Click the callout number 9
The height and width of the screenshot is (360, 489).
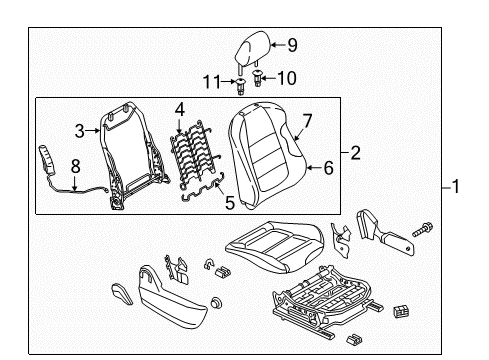pos(292,45)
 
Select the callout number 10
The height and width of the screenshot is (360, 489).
pos(287,78)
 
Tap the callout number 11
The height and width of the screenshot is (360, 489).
pos(212,82)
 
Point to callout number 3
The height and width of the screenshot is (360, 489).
pos(80,131)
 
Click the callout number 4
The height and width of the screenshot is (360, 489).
pos(180,110)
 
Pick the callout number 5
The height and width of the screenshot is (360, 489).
pos(230,202)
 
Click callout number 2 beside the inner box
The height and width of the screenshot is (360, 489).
pos(356,153)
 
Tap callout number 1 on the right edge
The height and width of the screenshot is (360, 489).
pos(456,187)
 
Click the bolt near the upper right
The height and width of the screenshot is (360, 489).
pos(423,230)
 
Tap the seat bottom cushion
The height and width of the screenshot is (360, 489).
pos(275,246)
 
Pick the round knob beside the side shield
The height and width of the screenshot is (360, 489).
pos(217,303)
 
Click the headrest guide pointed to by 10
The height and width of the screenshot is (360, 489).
pos(257,78)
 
